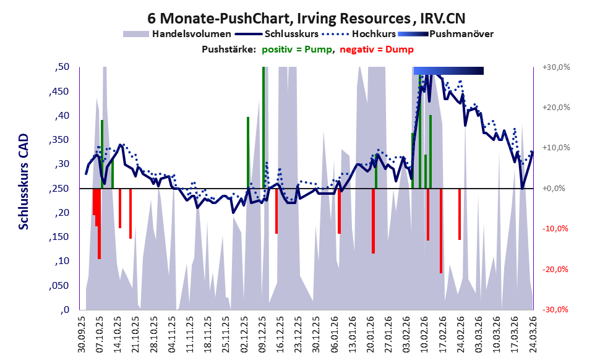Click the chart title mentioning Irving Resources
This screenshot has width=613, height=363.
point(306,18)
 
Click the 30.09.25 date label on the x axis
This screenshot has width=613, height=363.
point(81,336)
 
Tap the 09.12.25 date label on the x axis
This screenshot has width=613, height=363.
point(262,336)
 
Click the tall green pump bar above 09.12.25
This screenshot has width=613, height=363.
point(264,124)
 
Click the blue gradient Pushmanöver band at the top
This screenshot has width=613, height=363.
point(448,71)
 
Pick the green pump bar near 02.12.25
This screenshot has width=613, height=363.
point(248,152)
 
